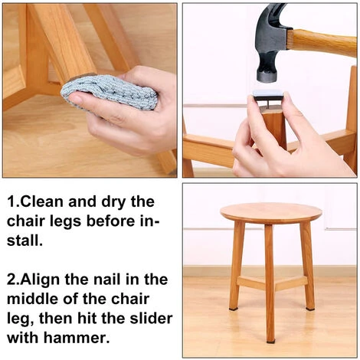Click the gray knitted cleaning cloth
tap(110, 93)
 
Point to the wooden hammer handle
tap(324, 43)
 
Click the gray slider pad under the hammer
tap(268, 94)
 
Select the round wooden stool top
tap(271, 213)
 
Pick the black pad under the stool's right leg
tap(310, 309)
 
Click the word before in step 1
tap(110, 221)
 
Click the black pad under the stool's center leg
tap(270, 342)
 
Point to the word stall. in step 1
tap(25, 240)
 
